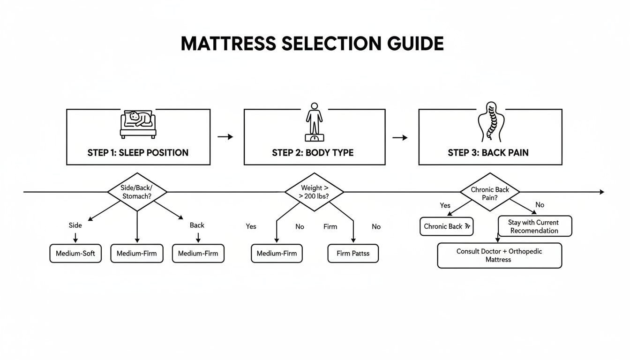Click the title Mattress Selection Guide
point(312,44)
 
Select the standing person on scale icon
point(314,121)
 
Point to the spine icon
point(490,122)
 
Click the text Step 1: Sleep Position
point(138,153)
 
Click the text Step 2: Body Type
point(313,153)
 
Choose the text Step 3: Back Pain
point(489,153)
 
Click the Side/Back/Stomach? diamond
point(137,192)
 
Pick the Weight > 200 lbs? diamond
point(314,192)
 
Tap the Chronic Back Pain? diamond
point(489,192)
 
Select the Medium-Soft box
point(75,254)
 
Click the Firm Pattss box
point(353,254)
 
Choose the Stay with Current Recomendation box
point(534,226)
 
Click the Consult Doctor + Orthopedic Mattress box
point(499,255)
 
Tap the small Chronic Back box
point(446,226)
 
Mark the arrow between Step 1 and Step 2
point(225,137)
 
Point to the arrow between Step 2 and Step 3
point(400,137)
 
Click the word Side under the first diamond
point(75,225)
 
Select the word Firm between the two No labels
point(330,226)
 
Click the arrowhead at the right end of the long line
point(602,192)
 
